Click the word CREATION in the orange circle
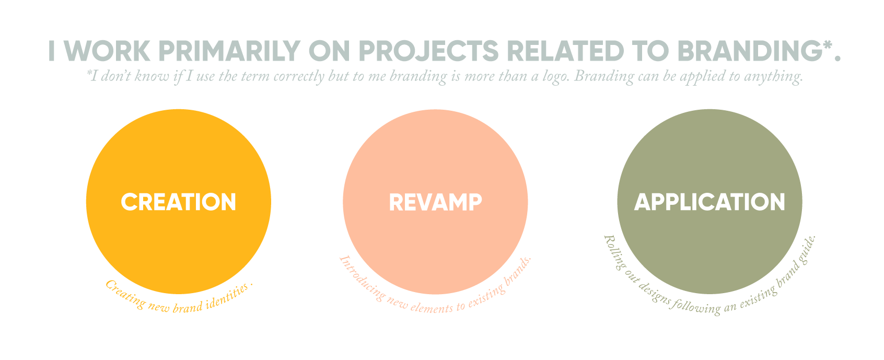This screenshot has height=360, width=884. pyautogui.click(x=178, y=202)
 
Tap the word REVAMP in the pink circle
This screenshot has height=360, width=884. pyautogui.click(x=435, y=202)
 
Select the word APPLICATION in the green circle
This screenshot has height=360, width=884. pyautogui.click(x=709, y=202)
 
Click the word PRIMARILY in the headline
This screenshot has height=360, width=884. pyautogui.click(x=230, y=51)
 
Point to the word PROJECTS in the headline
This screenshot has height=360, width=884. pyautogui.click(x=428, y=51)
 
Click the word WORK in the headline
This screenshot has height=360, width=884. pyautogui.click(x=107, y=51)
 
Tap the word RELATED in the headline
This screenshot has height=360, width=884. pyautogui.click(x=565, y=51)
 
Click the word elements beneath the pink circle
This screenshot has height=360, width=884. pyautogui.click(x=432, y=307)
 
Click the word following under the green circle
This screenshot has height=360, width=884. pyautogui.click(x=695, y=307)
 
